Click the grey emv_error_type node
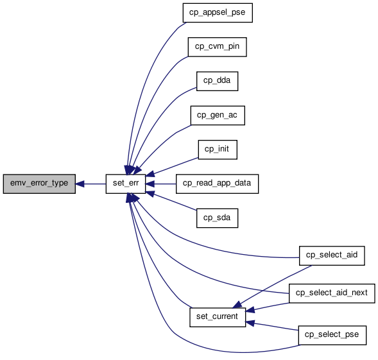[39, 184]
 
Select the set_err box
[126, 184]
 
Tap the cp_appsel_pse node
[218, 13]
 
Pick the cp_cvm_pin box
[217, 47]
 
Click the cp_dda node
[217, 81]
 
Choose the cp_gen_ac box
[218, 116]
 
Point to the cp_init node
[218, 150]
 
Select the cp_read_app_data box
[217, 184]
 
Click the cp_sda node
[217, 218]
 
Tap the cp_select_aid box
[332, 255]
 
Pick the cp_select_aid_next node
[332, 293]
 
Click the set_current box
[218, 317]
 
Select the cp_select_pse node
[332, 335]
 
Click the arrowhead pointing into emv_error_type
[80, 184]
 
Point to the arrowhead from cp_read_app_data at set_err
[150, 184]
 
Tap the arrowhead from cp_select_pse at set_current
[250, 322]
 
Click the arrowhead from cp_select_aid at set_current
[237, 305]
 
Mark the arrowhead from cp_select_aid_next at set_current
[250, 311]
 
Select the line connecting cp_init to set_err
[176, 166]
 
